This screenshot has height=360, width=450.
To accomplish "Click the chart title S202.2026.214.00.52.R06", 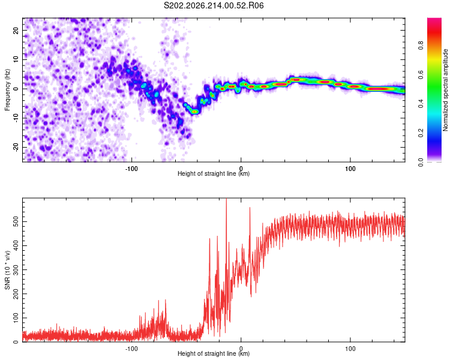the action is click(x=214, y=5).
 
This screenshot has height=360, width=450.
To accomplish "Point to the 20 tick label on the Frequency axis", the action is click(x=16, y=31).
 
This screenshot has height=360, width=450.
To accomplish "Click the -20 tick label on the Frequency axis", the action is click(x=16, y=148).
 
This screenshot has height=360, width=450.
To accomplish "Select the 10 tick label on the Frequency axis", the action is click(x=16, y=60).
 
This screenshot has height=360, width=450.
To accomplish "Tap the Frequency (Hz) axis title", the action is click(x=7, y=90).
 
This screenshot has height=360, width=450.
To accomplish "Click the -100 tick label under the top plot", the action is click(x=131, y=169).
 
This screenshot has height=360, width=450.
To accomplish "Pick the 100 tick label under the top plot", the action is click(x=350, y=169).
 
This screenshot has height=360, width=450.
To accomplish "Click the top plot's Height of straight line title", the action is click(x=214, y=173).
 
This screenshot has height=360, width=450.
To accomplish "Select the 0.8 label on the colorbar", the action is click(x=421, y=46).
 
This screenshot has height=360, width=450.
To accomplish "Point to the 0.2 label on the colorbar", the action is click(x=421, y=133).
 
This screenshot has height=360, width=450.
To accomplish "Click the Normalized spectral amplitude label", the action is click(x=445, y=90).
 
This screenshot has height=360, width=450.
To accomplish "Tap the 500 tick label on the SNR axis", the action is click(x=16, y=221).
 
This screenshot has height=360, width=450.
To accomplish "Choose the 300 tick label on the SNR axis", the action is click(x=16, y=270).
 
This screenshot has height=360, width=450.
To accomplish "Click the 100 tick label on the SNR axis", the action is click(x=16, y=318).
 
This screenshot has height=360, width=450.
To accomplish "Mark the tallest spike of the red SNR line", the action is click(x=226, y=199).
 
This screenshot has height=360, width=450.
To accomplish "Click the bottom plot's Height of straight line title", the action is click(x=214, y=353).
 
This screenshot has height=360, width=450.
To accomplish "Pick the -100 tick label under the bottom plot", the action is click(x=131, y=349).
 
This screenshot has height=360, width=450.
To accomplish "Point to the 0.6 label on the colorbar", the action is click(x=421, y=74).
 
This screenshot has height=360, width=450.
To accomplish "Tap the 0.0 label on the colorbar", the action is click(x=421, y=162).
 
